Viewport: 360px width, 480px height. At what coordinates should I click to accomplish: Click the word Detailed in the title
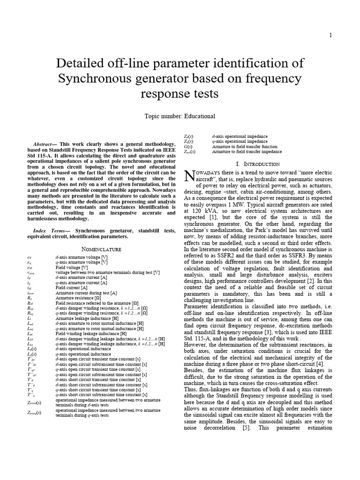[x=84, y=63]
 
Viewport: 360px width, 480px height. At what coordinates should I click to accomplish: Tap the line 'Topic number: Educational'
[x=180, y=116]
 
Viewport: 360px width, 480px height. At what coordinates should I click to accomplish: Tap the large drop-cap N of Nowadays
[x=189, y=176]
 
